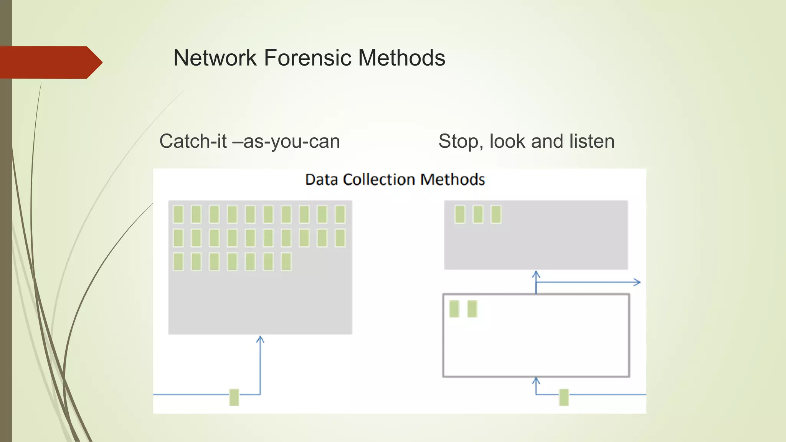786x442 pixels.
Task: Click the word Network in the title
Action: (215, 58)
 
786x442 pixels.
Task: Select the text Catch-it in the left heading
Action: (193, 141)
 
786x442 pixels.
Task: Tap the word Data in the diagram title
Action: (322, 180)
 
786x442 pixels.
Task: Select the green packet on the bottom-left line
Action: (234, 397)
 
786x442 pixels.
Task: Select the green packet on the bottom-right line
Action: (564, 397)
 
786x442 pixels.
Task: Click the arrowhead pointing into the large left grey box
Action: (260, 339)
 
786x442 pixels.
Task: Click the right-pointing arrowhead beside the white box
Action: (637, 282)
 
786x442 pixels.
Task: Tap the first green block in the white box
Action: (454, 309)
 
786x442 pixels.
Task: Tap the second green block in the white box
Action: (472, 309)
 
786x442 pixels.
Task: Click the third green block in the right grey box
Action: (496, 214)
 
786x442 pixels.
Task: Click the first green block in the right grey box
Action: (460, 214)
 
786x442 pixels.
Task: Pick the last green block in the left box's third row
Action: (286, 262)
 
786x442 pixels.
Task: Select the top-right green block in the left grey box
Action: (340, 214)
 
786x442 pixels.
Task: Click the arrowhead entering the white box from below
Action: (536, 380)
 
